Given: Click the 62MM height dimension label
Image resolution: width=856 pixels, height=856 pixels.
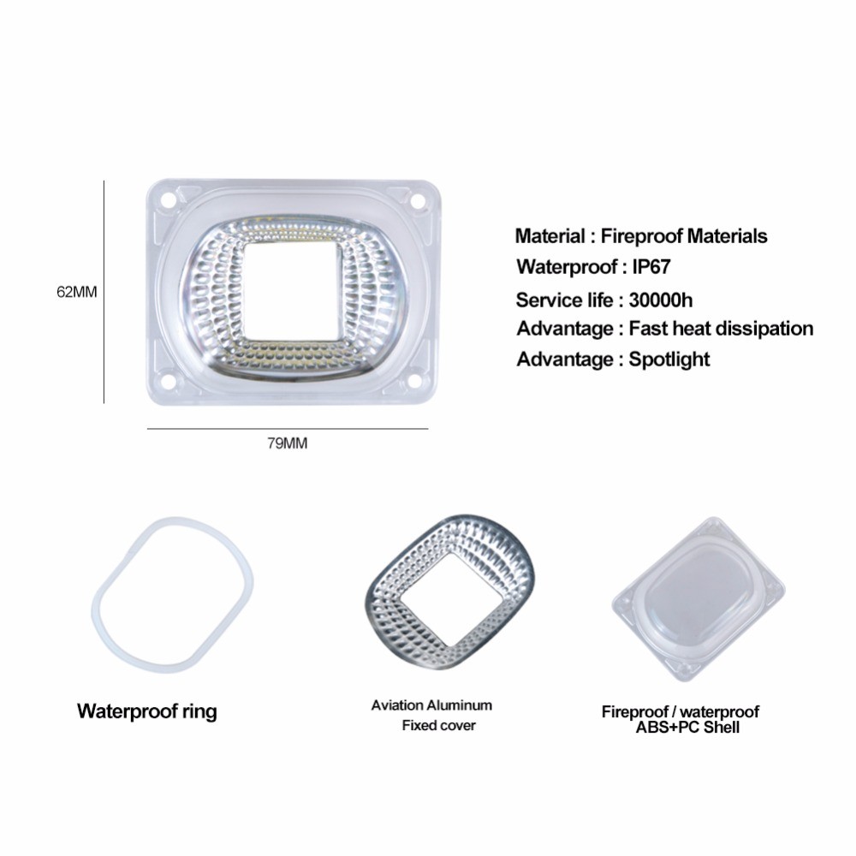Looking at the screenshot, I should pyautogui.click(x=77, y=291).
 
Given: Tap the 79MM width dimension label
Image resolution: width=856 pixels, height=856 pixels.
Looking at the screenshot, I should pyautogui.click(x=287, y=443).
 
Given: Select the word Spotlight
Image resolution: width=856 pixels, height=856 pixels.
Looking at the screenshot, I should pyautogui.click(x=669, y=359).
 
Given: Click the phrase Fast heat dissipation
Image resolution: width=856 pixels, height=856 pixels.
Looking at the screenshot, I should pyautogui.click(x=721, y=328).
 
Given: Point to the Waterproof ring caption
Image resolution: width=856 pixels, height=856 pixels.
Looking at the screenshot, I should pyautogui.click(x=146, y=711).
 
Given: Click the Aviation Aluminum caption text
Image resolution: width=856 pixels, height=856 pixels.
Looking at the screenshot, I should pyautogui.click(x=431, y=705).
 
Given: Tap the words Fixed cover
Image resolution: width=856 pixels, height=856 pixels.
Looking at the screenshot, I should pyautogui.click(x=438, y=726).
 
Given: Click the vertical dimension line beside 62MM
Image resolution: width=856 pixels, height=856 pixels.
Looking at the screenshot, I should pyautogui.click(x=104, y=291).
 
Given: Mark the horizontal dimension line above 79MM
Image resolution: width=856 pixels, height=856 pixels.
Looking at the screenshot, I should pyautogui.click(x=287, y=428).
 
